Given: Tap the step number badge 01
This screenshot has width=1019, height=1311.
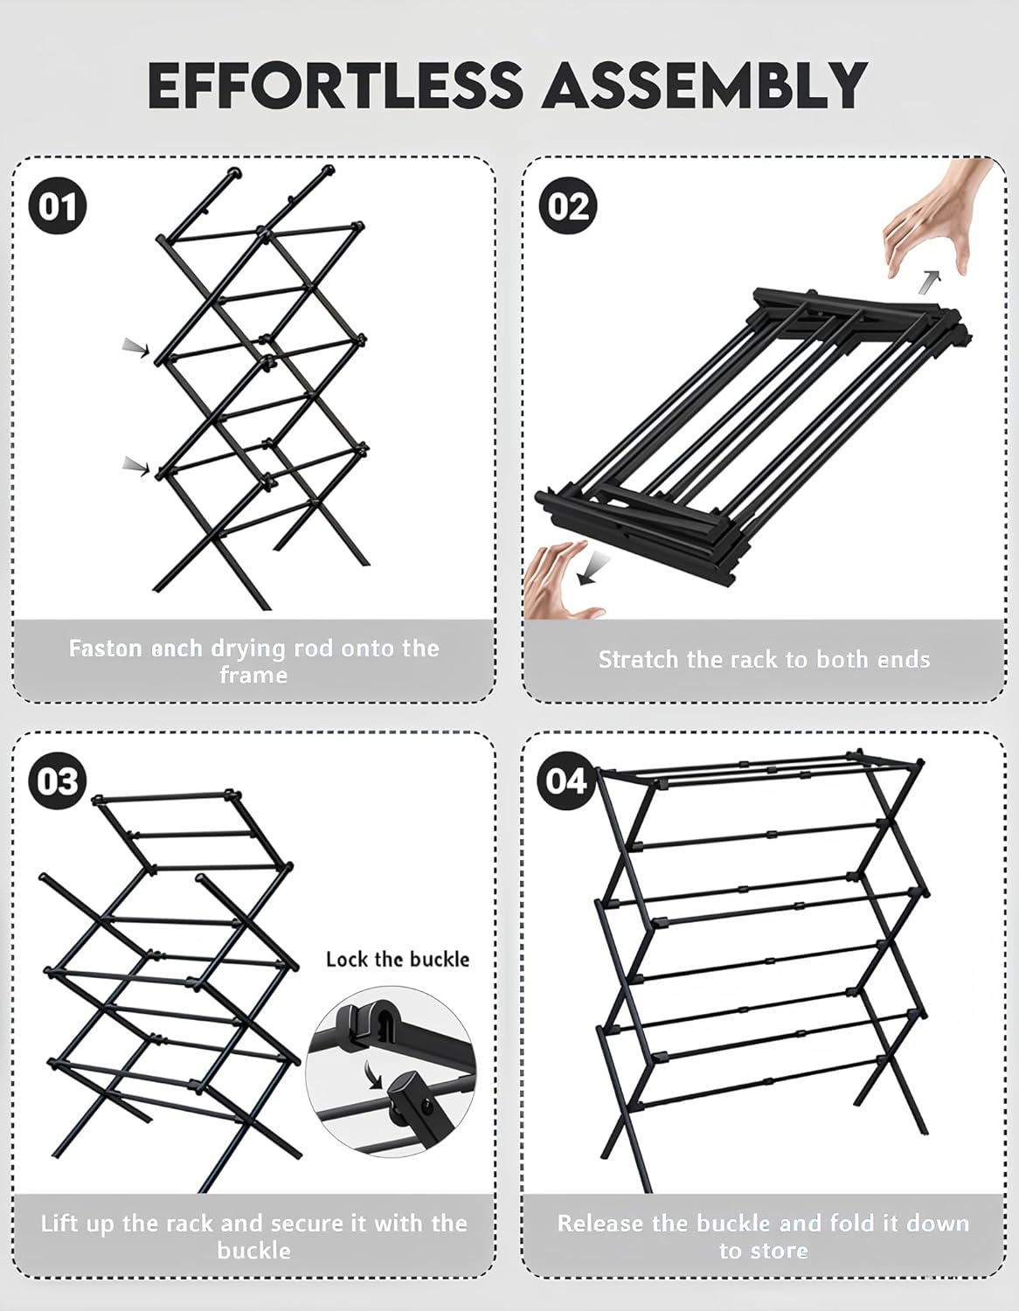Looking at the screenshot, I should [58, 207].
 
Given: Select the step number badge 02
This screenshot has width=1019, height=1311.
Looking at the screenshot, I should [569, 207].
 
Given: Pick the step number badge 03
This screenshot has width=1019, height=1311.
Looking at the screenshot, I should [58, 781].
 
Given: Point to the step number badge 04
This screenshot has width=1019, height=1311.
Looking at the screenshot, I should [566, 780].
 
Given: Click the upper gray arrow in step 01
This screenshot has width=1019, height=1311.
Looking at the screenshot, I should [135, 348].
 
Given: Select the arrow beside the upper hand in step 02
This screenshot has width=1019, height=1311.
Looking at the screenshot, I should [931, 281].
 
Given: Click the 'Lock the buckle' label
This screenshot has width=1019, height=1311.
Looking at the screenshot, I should [398, 959].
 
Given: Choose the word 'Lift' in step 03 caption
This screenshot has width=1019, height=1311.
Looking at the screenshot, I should [59, 1224].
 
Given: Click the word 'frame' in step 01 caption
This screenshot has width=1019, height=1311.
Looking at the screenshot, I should [253, 676].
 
